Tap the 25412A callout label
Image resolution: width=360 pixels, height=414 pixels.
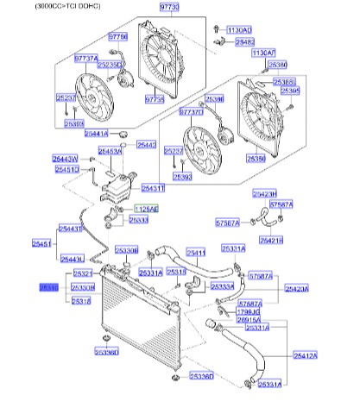(306, 354)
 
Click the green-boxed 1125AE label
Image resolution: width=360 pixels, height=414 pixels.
(146, 209)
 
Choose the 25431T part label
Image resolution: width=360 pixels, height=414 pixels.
(153, 187)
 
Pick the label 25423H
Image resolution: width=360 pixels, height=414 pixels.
(264, 194)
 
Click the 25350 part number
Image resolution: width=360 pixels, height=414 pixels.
(256, 159)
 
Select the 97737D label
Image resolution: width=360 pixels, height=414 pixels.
(191, 112)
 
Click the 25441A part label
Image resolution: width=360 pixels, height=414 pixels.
(96, 134)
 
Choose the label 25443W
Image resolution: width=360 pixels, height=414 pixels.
(64, 160)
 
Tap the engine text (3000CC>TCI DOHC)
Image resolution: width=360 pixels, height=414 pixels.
(43, 6)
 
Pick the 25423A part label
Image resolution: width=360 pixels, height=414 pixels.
(296, 290)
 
